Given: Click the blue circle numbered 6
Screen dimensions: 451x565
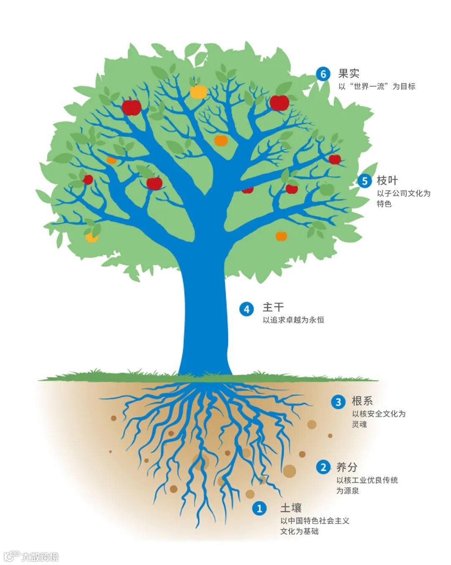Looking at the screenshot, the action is [323, 74].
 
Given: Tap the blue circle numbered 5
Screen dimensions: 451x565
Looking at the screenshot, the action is [365, 181].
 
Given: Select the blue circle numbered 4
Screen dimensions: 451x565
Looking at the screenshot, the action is [246, 309].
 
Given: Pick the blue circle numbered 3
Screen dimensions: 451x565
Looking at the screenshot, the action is [338, 402].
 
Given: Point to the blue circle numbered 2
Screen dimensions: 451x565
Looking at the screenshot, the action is [323, 467].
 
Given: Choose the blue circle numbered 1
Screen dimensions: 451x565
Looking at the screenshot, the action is [259, 508].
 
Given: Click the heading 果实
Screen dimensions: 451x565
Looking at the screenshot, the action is [349, 74].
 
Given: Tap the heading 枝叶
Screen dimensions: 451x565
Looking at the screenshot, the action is [387, 180].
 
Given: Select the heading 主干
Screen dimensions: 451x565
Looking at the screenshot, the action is [273, 307].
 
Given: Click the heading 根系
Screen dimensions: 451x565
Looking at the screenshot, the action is [362, 401].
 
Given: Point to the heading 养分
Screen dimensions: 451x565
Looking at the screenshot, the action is [347, 466].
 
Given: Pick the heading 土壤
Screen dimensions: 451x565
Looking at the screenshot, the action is [291, 508].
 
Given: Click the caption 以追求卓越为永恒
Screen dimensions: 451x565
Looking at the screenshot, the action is [293, 320].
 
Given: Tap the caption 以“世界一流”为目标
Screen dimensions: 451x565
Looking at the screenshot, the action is [377, 86].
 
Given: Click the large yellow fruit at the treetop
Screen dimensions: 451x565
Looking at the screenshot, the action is [198, 91].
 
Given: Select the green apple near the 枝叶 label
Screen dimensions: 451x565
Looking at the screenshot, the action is [327, 189].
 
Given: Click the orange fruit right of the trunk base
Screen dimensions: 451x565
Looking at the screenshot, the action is [281, 236].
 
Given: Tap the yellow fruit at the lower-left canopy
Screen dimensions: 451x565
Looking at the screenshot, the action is [91, 237].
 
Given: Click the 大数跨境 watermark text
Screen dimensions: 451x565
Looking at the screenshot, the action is [40, 556].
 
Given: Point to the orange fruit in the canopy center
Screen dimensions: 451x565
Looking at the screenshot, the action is [221, 140].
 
